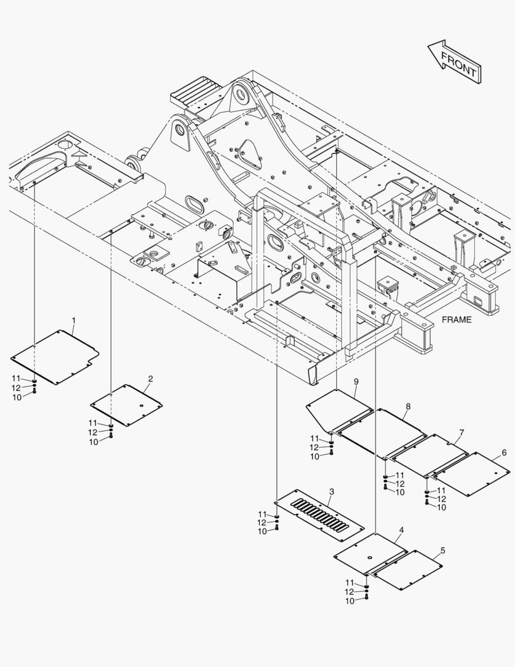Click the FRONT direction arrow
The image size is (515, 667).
coord(455,62)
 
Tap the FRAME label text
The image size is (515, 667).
coord(456,320)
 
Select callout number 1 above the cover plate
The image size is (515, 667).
coord(74,320)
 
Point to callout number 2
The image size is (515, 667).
coord(150,379)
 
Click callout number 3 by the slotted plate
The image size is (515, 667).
coord(331,492)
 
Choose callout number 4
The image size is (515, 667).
coord(402,530)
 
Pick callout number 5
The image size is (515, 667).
coord(443,550)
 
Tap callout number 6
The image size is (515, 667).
coord(504,453)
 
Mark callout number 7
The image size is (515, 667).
coord(461,432)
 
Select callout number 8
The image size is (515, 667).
coord(408,406)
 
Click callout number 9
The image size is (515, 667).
coord(356,382)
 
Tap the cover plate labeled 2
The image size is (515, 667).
coord(126,405)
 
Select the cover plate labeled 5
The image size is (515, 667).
coord(408,570)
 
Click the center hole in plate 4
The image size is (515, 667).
coord(370,558)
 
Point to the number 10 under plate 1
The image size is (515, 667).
coord(17,397)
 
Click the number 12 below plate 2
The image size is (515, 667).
coord(93,432)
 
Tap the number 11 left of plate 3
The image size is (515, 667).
coord(263,514)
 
